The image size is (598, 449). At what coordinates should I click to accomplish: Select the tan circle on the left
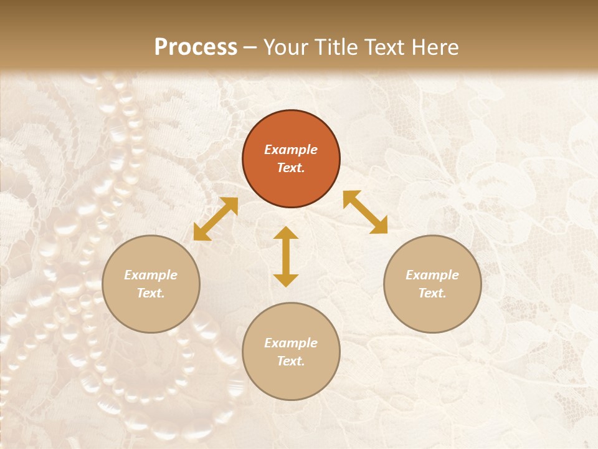(151, 284)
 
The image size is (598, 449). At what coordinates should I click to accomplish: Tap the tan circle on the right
(432, 284)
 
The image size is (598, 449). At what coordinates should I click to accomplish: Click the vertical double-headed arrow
(286, 256)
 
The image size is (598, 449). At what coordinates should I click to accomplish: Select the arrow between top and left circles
(216, 219)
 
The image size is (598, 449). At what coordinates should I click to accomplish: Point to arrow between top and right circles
(365, 212)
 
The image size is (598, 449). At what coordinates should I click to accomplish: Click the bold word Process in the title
(196, 47)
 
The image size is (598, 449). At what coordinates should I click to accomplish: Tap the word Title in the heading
(335, 47)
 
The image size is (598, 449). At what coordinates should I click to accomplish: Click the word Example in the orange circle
(291, 150)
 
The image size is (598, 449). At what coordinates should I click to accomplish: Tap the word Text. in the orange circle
(291, 168)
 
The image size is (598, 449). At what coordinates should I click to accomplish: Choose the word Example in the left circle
(151, 275)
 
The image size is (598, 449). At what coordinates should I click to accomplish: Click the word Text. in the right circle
(432, 293)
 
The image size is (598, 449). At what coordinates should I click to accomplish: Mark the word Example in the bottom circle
(291, 343)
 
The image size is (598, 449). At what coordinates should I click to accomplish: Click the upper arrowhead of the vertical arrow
(286, 233)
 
